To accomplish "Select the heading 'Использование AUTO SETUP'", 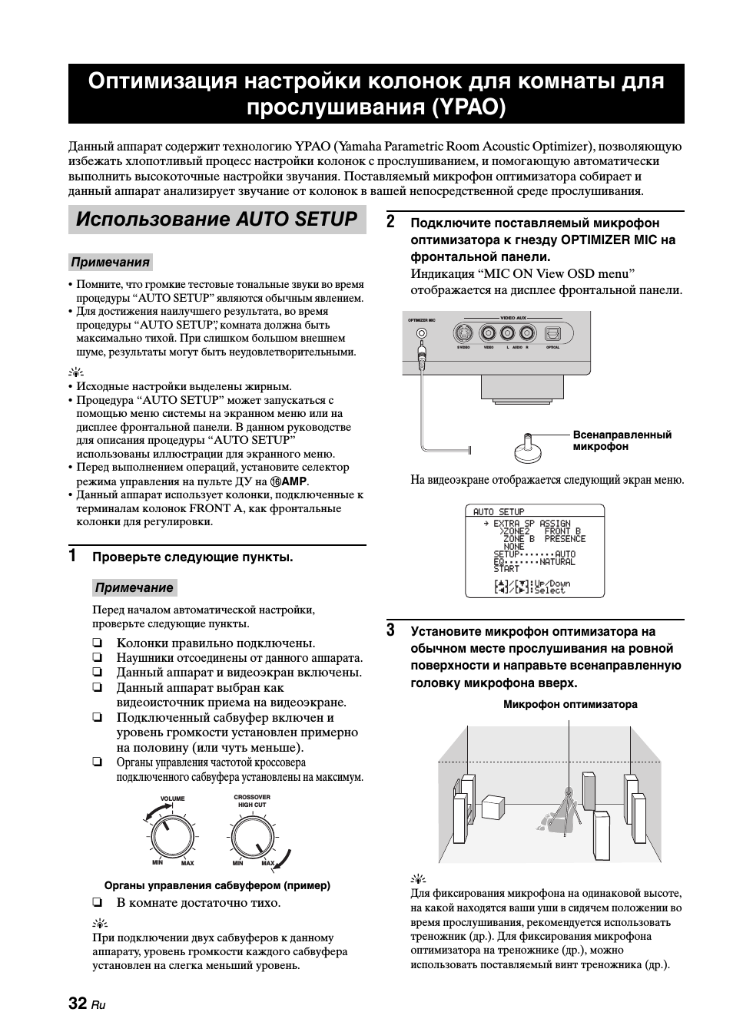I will click(x=217, y=220).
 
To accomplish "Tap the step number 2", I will click(x=390, y=223).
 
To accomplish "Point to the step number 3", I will click(x=390, y=631).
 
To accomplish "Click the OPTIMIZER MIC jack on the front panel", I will click(x=421, y=334).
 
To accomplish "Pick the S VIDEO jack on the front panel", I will click(x=463, y=333).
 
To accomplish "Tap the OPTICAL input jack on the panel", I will click(x=552, y=333).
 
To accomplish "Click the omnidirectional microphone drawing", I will click(x=528, y=448).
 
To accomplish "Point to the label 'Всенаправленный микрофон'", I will click(x=622, y=441).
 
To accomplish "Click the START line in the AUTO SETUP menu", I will click(x=506, y=569).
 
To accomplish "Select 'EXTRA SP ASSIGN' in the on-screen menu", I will click(x=532, y=524).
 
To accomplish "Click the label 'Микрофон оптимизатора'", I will click(x=570, y=704).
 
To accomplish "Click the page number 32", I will click(x=77, y=1004).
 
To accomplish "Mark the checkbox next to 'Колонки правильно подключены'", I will click(x=98, y=643).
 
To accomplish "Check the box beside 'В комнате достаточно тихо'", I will click(x=98, y=903).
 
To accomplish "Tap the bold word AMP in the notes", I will click(x=294, y=481).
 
